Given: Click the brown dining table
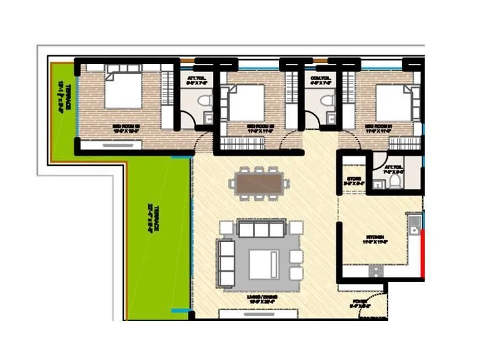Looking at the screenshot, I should (x=259, y=183).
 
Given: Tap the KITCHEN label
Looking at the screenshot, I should (x=375, y=238).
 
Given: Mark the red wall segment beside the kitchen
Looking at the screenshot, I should (x=422, y=253).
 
